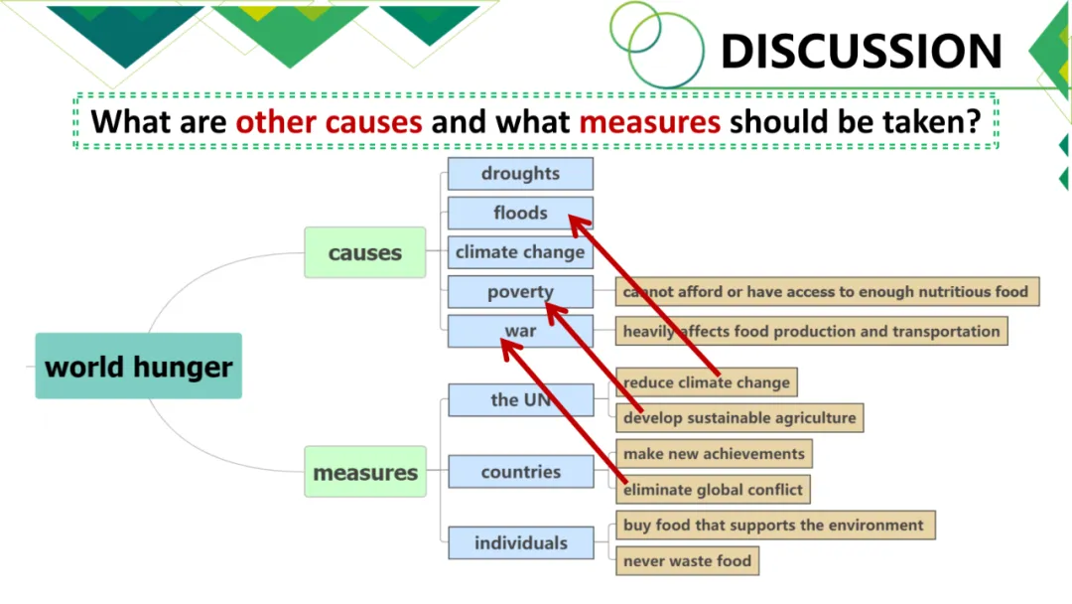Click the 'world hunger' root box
pos(138,367)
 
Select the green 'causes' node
pos(365,252)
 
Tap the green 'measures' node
pos(365,472)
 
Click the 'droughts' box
pos(520,174)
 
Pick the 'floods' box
pos(520,213)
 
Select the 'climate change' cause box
pos(520,252)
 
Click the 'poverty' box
pos(520,292)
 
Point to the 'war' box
pos(520,331)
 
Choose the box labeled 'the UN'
pos(520,400)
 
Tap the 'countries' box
pos(520,472)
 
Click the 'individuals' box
pos(520,543)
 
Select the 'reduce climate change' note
pos(707,382)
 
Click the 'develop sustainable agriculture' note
pos(739,418)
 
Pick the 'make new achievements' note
pos(714,454)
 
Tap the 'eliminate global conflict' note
pos(713,490)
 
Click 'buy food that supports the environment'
pos(773,526)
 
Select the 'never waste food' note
pos(687,561)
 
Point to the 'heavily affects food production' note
pos(811,332)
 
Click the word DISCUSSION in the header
pos(861,52)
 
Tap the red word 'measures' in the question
pos(649,122)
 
